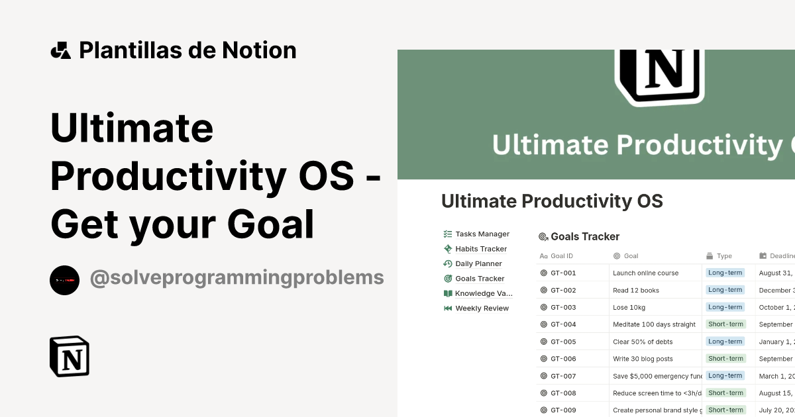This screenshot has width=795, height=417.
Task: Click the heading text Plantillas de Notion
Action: [187, 50]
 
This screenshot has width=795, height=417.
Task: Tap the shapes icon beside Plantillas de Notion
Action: [61, 50]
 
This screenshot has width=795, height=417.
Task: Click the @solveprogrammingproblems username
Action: [237, 277]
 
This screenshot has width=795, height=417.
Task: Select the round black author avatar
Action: [64, 280]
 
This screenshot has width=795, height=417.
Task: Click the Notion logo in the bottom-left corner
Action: [70, 356]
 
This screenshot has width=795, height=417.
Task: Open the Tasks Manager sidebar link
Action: [482, 234]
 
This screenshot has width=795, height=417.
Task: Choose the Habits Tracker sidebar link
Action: [480, 249]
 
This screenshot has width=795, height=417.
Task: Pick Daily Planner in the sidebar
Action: [478, 263]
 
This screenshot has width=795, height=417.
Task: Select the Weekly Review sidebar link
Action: [482, 308]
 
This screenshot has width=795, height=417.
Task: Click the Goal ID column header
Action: [561, 256]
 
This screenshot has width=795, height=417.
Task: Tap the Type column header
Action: [724, 256]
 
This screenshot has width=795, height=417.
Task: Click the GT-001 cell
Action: [563, 273]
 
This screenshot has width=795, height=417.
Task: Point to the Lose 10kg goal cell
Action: [629, 307]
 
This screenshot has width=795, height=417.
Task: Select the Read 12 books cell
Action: [636, 290]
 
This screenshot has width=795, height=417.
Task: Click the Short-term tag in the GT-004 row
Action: [725, 324]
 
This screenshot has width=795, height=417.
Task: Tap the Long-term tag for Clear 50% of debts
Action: [725, 342]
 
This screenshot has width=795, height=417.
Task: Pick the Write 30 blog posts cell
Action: [643, 359]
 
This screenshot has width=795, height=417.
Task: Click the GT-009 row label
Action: [563, 410]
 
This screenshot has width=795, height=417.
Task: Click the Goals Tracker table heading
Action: [585, 237]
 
